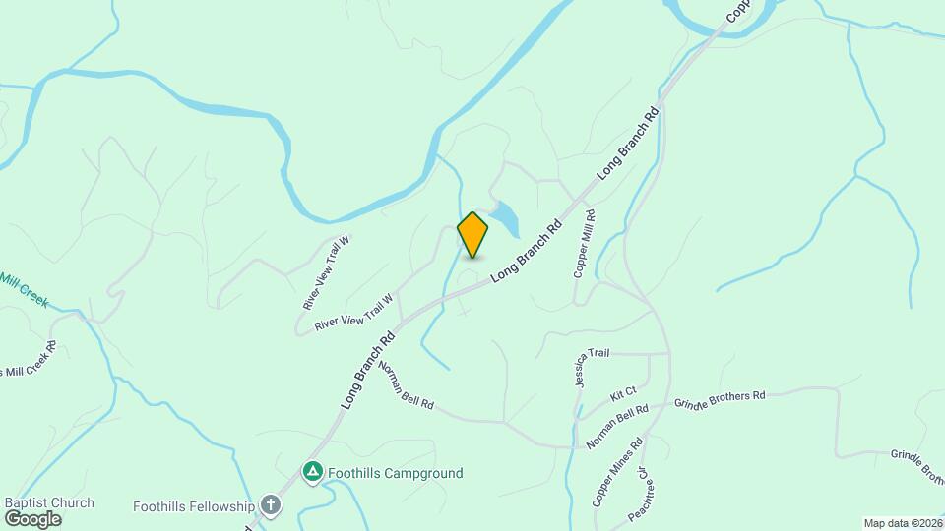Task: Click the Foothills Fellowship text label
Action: [x=194, y=506]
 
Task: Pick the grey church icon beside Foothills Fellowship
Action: [x=271, y=506]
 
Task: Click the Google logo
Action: [x=32, y=518]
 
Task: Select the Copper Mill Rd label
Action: [x=583, y=244]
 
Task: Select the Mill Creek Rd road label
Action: [x=30, y=359]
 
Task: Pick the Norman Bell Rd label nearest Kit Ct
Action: [x=617, y=427]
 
